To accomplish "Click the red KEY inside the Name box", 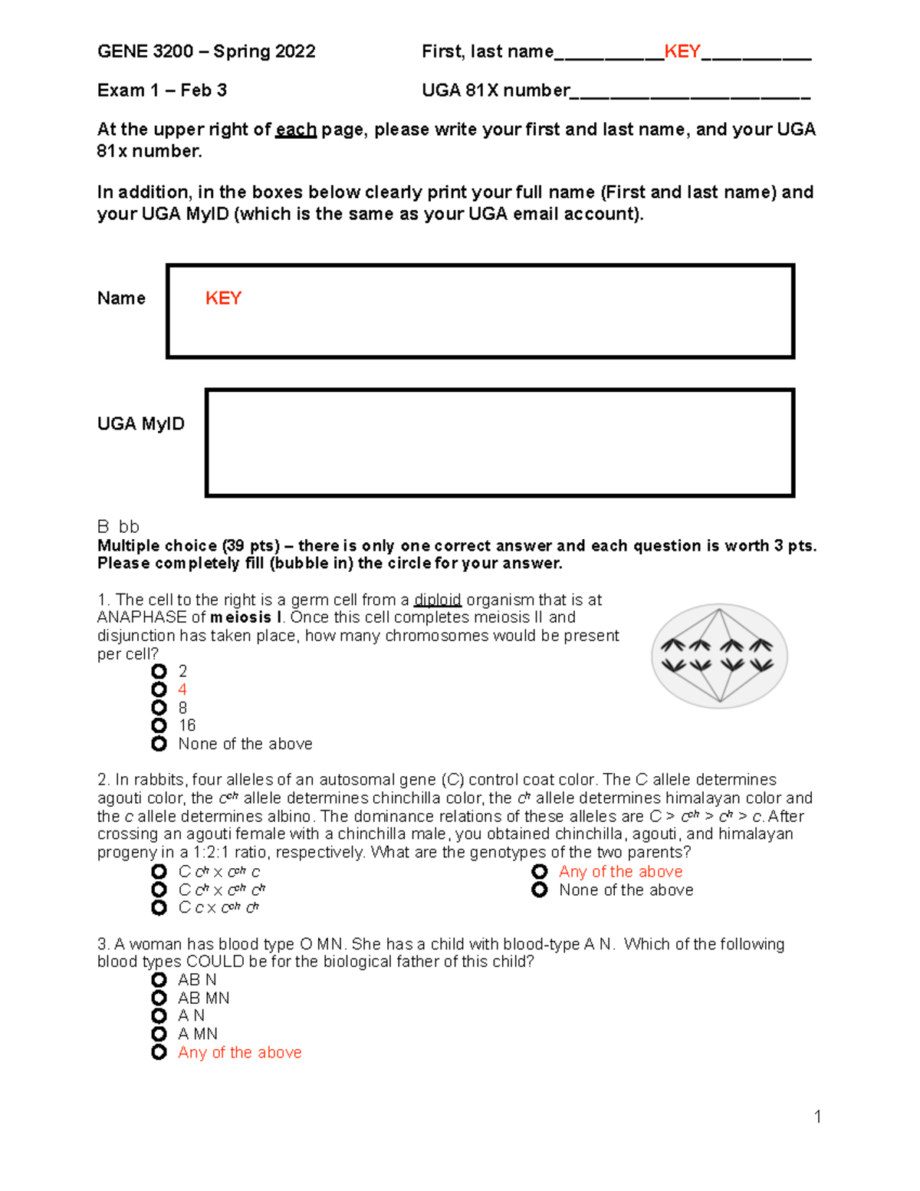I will [223, 298].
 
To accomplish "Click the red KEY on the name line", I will [682, 51].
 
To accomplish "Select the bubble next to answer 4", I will [159, 689].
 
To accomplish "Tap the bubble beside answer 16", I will [159, 725].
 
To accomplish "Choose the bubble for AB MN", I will [159, 998].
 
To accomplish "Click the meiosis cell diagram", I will [719, 656].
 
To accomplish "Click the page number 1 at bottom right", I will [817, 1117].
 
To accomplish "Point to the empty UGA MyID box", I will [499, 443].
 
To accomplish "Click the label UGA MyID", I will [140, 424].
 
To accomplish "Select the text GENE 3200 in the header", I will [145, 51].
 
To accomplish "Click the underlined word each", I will [296, 130].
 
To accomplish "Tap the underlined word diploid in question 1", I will [437, 600].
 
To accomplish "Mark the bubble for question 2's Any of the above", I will [540, 872].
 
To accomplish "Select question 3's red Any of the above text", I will [239, 1052].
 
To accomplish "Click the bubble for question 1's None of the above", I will [159, 744].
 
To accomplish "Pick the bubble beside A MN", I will [159, 1034].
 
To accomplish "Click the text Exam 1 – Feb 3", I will [162, 90].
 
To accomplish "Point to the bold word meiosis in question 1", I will [240, 617].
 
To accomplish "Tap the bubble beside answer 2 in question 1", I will [159, 671].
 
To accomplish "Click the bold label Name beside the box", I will [121, 298].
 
